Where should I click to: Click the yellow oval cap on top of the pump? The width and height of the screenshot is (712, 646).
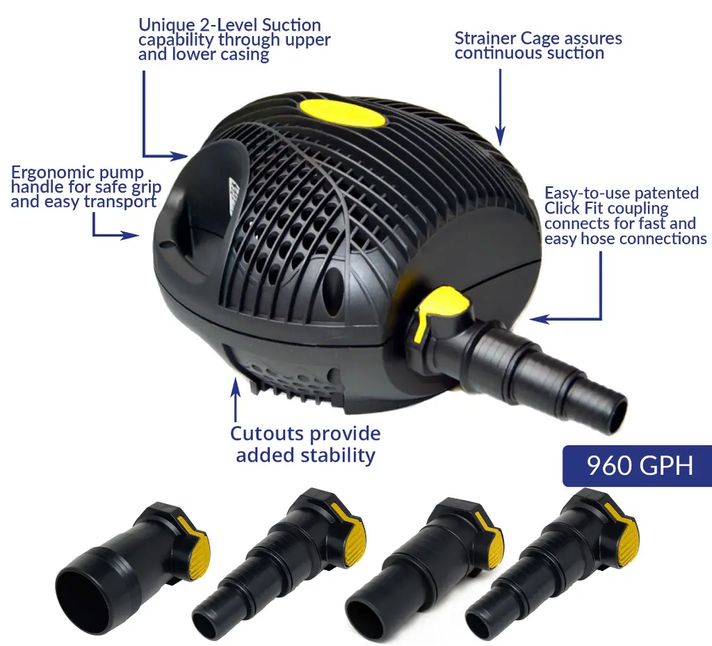342,113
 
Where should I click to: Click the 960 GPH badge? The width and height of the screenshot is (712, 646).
637,466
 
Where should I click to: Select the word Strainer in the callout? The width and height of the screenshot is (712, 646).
485,38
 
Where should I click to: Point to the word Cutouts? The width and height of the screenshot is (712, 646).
260,433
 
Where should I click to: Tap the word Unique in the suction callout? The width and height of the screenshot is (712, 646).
165,26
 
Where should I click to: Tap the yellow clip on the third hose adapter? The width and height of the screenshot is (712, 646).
491,538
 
